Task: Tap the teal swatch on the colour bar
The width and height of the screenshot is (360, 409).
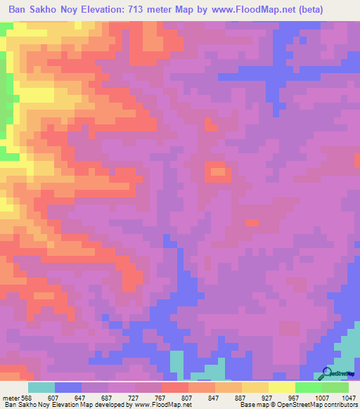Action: [41, 387]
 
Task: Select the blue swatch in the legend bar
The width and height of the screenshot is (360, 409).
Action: [68, 387]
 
